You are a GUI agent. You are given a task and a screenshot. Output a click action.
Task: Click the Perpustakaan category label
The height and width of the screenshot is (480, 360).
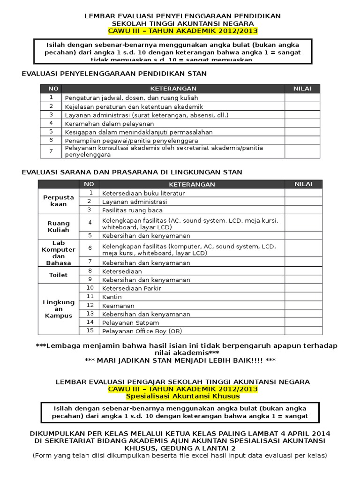click(x=59, y=201)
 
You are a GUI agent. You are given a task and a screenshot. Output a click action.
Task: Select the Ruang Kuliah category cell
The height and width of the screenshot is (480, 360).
click(x=59, y=227)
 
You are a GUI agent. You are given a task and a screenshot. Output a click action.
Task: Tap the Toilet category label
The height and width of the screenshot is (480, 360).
click(x=59, y=275)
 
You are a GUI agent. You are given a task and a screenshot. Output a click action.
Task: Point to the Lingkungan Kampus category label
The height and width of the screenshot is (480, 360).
click(x=59, y=309)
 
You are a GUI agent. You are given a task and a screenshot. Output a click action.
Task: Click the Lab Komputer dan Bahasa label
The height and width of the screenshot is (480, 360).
click(x=59, y=253)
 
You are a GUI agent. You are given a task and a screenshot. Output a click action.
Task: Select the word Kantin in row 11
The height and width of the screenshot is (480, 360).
click(x=112, y=297)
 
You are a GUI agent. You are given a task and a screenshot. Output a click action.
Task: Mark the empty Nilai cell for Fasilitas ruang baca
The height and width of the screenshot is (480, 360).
click(x=303, y=210)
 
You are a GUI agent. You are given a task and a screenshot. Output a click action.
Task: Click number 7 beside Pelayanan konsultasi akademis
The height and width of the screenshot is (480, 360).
click(x=50, y=151)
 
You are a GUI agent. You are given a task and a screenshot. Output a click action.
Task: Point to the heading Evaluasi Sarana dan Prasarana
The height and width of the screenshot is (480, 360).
click(x=132, y=172)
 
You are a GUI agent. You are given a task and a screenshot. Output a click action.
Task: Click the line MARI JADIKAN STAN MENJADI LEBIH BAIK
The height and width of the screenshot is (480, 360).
click(x=180, y=360)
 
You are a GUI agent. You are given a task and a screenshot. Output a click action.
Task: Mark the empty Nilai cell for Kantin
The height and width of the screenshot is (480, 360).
click(x=303, y=297)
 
